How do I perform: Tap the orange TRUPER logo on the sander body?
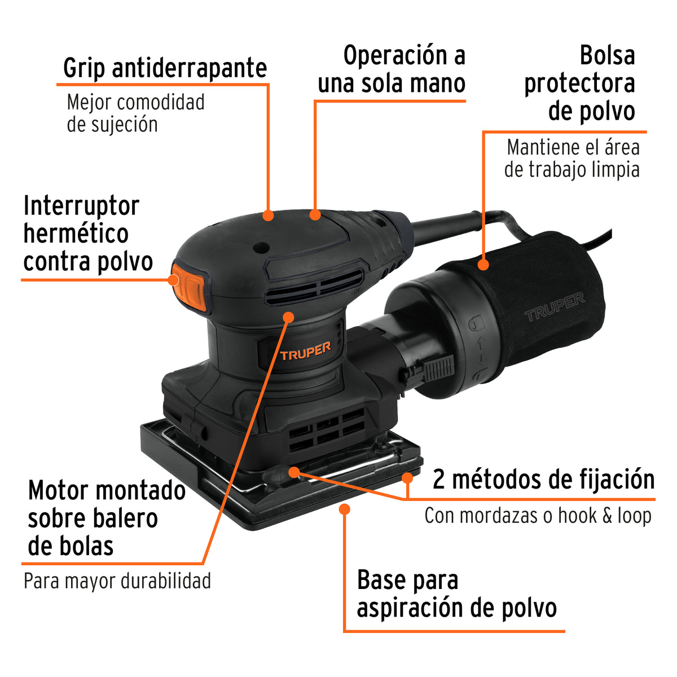click(305, 351)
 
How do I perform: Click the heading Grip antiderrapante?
click(165, 68)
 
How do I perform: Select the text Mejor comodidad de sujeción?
click(135, 113)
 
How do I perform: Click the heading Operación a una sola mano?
click(392, 69)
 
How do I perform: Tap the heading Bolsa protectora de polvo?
click(579, 83)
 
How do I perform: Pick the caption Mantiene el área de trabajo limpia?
click(572, 159)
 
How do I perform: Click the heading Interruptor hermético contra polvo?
click(87, 234)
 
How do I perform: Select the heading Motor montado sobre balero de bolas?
click(106, 518)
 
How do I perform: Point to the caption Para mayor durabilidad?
click(117, 581)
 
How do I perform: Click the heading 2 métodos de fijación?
click(543, 480)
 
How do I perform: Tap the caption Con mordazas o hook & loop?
click(538, 516)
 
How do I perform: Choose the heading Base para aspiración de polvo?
click(456, 594)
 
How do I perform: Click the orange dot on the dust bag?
click(483, 263)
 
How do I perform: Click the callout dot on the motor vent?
click(288, 316)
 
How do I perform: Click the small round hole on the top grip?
click(260, 247)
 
